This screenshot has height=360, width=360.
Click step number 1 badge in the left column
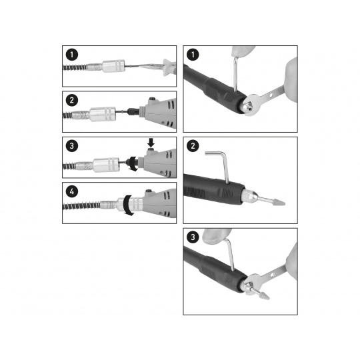click(x=72, y=55)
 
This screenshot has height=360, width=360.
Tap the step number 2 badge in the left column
click(x=72, y=100)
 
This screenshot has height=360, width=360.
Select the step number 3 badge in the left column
click(x=72, y=145)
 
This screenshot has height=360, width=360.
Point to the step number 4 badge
click(x=72, y=191)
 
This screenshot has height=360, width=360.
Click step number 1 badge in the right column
click(x=193, y=55)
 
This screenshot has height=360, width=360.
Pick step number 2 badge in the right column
click(x=193, y=145)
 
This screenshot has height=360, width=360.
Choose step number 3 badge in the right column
click(x=193, y=237)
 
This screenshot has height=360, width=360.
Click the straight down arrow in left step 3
click(x=151, y=143)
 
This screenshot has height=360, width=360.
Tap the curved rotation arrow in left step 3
click(x=131, y=163)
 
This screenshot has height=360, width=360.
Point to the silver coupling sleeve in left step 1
click(x=113, y=66)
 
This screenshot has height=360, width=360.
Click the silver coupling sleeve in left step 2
click(x=103, y=114)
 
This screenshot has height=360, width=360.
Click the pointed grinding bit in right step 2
click(x=271, y=201)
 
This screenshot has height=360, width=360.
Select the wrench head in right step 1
click(x=252, y=105)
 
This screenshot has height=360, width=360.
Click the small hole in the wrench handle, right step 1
click(x=271, y=95)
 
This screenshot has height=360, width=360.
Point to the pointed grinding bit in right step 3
click(x=260, y=293)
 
